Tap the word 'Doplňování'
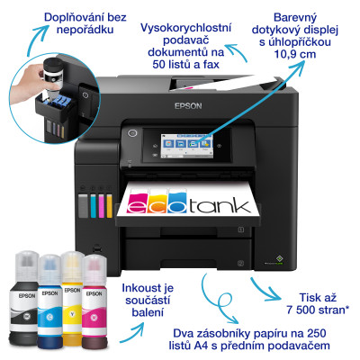pos(59,17)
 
